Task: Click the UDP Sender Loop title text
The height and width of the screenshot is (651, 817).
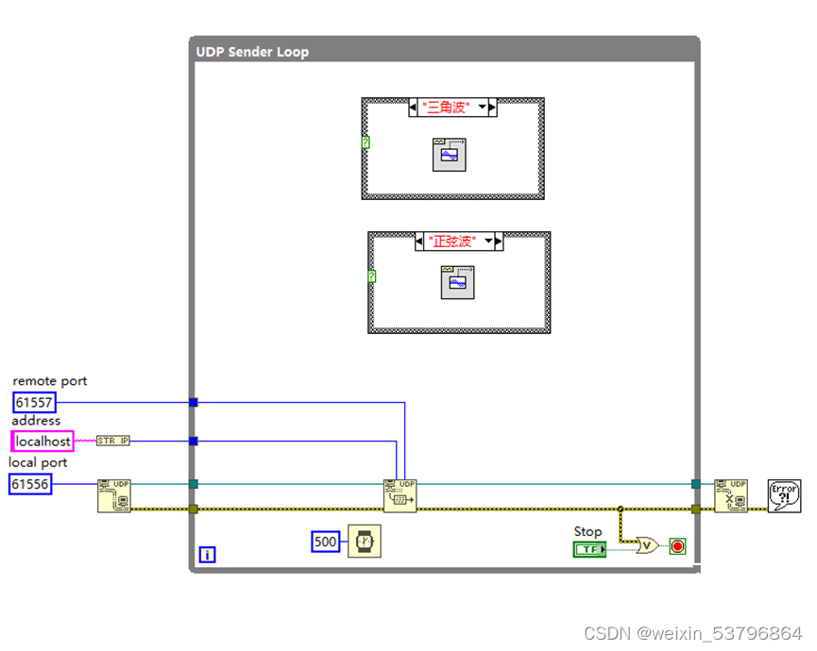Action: point(252,52)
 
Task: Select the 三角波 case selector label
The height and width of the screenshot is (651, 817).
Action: point(448,108)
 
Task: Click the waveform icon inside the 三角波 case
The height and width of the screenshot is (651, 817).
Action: point(451,154)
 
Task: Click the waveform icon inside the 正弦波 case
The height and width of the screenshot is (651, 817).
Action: point(457,283)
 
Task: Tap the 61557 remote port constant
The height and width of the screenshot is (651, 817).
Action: point(34,403)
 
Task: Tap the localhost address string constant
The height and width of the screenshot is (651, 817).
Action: point(42,441)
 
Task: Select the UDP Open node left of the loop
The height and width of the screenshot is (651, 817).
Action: point(114,495)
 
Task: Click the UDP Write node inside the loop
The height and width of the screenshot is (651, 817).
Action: point(400,495)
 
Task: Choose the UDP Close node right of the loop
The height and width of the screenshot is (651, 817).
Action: point(730,495)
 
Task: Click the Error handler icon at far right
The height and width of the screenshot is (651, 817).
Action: point(785,495)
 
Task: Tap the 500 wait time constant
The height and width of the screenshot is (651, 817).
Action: point(325,542)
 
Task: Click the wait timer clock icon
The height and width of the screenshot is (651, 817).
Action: point(364,542)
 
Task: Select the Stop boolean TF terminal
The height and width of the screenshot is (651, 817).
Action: point(590,549)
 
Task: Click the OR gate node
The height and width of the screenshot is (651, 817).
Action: point(647,545)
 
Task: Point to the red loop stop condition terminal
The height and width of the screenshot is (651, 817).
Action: point(676,546)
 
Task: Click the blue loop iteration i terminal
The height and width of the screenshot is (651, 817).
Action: point(207,555)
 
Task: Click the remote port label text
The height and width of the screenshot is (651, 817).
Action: point(50,381)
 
